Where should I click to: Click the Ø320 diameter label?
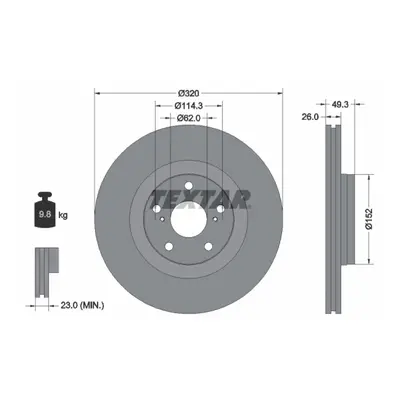[189, 93]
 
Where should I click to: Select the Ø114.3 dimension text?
[189, 105]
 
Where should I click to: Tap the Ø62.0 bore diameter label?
[189, 118]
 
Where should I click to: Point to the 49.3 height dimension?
[340, 104]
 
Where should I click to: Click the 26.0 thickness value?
[311, 117]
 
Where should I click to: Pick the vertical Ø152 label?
[368, 219]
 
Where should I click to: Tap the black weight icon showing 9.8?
[45, 210]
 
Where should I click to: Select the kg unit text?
[63, 215]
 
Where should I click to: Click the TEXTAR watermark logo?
[200, 199]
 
